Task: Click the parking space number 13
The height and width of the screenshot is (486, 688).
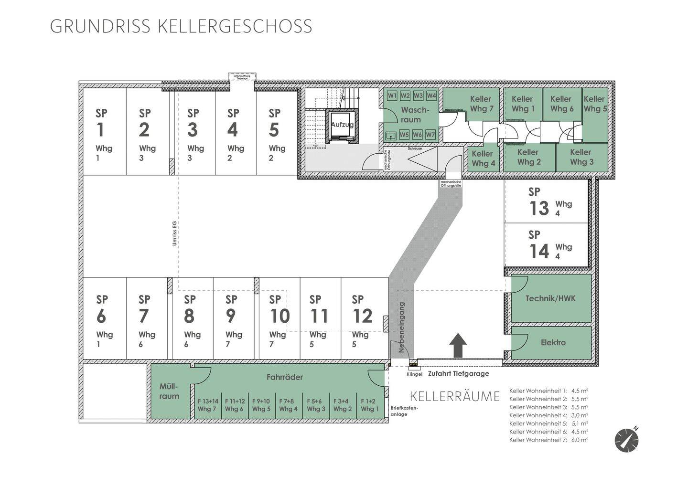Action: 539,209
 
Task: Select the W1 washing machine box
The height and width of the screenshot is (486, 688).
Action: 392,95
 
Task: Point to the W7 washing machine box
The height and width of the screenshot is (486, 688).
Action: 430,135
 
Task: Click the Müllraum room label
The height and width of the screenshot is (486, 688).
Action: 169,391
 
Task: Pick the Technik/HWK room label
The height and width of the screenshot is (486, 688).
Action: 550,298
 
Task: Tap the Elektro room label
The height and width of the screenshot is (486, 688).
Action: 553,342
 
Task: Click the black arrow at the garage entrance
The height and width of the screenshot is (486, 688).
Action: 459,345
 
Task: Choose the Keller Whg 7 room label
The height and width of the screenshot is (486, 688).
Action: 481,104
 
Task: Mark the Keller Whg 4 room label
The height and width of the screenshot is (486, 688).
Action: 483,158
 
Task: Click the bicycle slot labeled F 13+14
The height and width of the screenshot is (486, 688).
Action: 207,405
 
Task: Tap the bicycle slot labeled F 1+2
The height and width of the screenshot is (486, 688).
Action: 368,405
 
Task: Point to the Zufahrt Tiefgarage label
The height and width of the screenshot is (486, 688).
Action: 458,374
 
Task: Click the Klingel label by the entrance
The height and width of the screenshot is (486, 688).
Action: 414,375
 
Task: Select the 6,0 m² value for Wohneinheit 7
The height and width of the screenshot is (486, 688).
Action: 579,440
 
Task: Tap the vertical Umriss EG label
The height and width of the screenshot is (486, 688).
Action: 175,233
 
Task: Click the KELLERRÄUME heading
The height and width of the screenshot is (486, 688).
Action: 455,396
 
